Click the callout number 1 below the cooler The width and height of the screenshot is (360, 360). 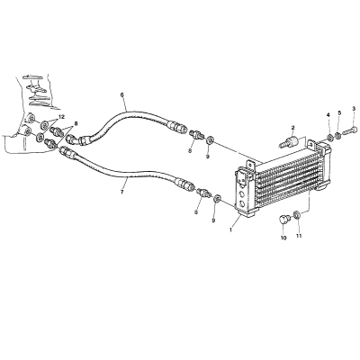point(230,230)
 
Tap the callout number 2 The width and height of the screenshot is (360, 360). point(292,128)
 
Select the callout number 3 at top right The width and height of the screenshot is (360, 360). point(354,109)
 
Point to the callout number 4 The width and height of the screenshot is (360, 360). point(328,114)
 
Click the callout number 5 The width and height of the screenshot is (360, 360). point(339,112)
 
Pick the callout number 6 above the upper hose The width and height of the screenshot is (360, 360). point(122,94)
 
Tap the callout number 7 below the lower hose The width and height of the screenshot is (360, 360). point(121,192)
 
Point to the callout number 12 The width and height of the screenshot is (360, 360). point(61,117)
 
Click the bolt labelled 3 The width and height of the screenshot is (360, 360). point(350,130)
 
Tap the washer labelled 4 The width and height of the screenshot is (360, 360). point(330,138)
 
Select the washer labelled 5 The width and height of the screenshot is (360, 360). point(338,135)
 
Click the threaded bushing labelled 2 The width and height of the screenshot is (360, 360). point(289,141)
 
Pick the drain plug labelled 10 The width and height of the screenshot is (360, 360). point(283,220)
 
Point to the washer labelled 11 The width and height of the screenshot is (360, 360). point(297,215)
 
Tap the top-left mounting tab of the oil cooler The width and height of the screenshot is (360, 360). point(251,165)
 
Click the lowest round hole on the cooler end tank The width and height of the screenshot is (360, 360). point(242,204)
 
